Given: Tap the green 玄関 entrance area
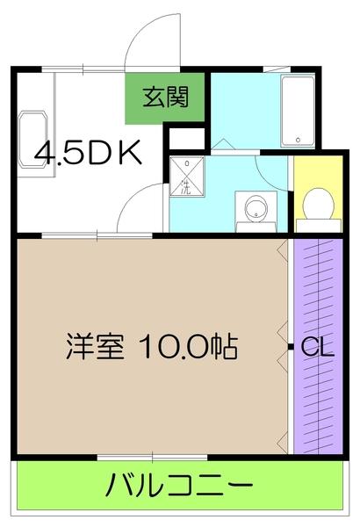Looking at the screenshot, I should (165, 97).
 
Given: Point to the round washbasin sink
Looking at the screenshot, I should (256, 210).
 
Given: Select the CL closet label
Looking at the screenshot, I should (317, 348).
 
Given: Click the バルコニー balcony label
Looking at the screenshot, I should (181, 485).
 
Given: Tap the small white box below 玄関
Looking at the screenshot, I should (186, 137).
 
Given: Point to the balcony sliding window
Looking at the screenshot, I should (152, 457).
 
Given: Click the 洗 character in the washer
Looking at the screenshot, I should (187, 186).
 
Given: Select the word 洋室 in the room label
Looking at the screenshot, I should (95, 347).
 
